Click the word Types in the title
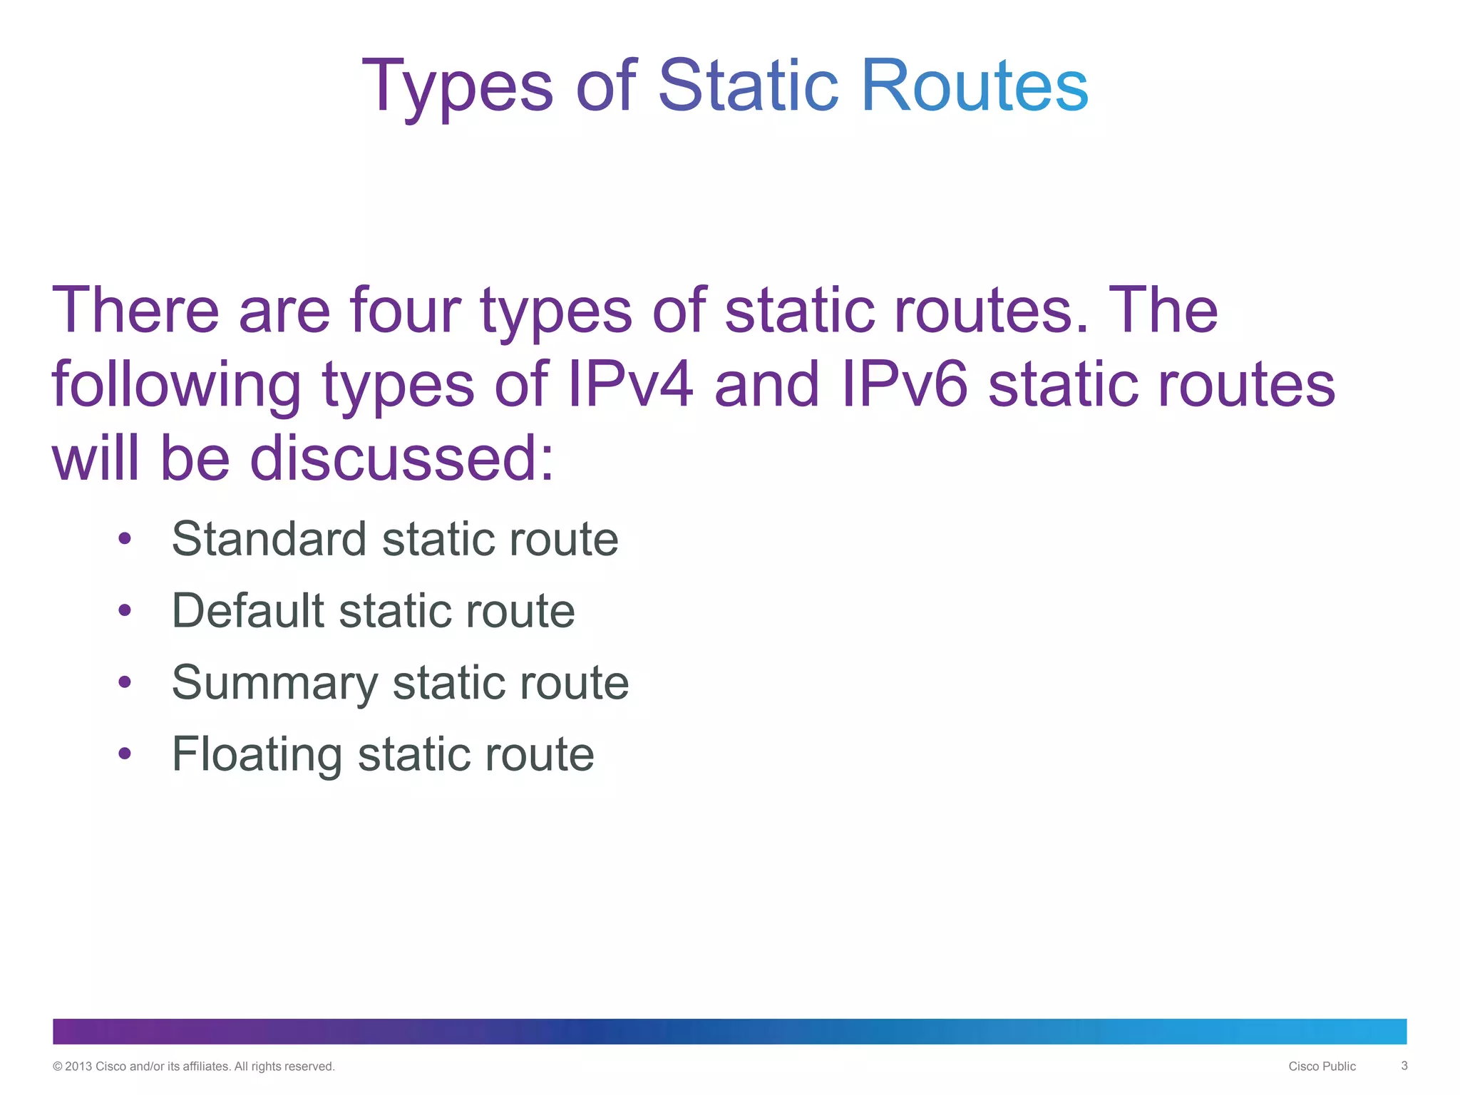[x=457, y=87]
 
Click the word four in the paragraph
[x=405, y=311]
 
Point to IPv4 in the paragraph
[x=630, y=385]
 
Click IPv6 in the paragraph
[x=905, y=385]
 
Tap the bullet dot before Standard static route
[x=125, y=539]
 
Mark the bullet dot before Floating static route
[x=125, y=754]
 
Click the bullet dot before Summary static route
[x=125, y=682]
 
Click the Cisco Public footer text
[x=1322, y=1066]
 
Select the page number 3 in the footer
[x=1404, y=1066]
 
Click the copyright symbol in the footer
[x=58, y=1066]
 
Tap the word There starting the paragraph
[x=135, y=311]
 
